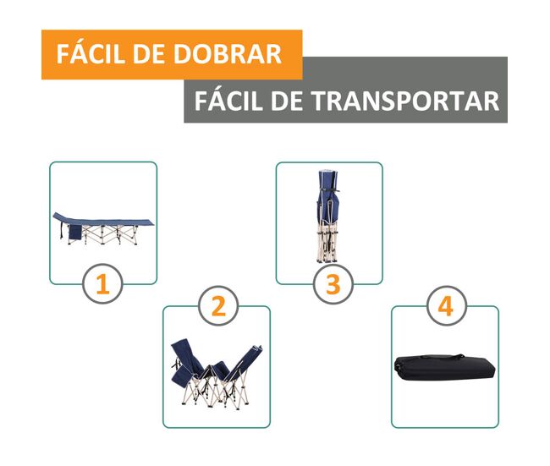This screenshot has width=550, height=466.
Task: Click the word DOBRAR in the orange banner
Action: coord(228,54)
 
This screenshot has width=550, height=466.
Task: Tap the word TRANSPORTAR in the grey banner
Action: coord(405,101)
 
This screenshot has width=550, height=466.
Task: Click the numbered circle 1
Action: coord(102,283)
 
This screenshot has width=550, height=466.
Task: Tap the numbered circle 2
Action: coord(218,306)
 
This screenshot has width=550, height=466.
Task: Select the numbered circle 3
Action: coord(333,283)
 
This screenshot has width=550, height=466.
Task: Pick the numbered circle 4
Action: coord(446,306)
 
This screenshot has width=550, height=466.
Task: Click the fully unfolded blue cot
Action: coord(103,228)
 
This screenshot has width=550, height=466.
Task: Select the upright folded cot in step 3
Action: coord(328,217)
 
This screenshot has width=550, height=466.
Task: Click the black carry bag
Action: coord(444,367)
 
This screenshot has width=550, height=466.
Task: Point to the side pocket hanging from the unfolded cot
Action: coord(75,232)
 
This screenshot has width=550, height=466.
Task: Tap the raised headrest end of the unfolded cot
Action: coord(59,217)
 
